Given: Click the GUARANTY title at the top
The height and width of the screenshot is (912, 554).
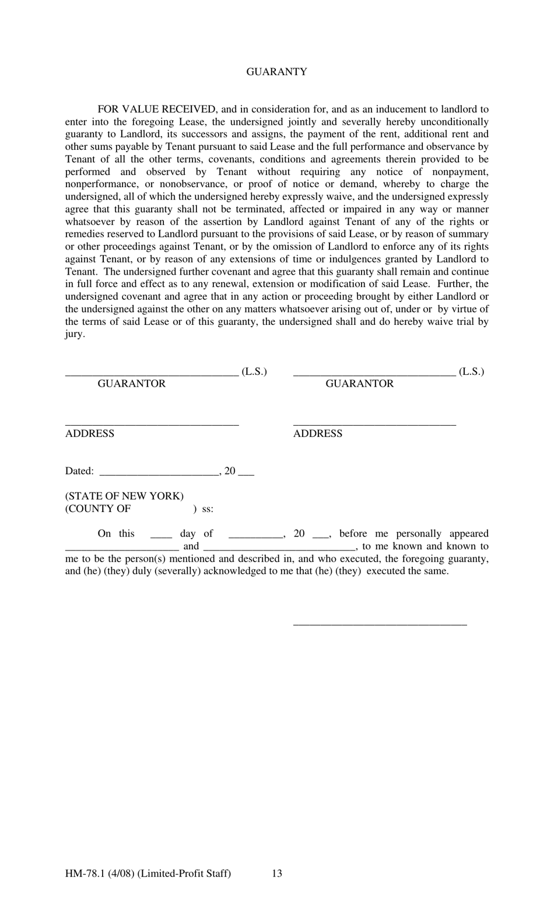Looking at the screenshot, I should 276,72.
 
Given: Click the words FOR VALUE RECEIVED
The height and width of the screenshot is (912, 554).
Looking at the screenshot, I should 157,109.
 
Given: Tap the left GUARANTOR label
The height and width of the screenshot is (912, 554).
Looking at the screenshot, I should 131,384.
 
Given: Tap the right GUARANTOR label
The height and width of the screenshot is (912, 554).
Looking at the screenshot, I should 359,384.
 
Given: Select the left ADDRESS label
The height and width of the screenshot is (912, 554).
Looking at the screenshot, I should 90,433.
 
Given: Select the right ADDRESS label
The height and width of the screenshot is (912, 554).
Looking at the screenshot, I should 318,433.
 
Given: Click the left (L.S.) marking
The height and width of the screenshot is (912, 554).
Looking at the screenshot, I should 254,371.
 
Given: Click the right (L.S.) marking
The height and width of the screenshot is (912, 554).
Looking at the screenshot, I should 471,371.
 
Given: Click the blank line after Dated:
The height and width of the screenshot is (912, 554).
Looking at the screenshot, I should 159,475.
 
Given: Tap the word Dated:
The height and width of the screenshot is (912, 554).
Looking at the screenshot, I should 79,471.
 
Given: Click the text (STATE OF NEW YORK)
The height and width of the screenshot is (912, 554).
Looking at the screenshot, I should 124,496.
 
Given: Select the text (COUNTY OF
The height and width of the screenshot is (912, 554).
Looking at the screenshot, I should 98,508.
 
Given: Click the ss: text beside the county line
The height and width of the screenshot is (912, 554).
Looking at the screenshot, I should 208,509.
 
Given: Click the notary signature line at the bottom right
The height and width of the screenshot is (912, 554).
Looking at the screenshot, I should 380,625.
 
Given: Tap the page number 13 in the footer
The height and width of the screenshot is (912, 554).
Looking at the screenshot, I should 277,874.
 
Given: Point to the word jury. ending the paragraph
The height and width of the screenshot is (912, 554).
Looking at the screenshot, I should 75,334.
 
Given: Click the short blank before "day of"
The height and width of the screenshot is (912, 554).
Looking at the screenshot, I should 161,537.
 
